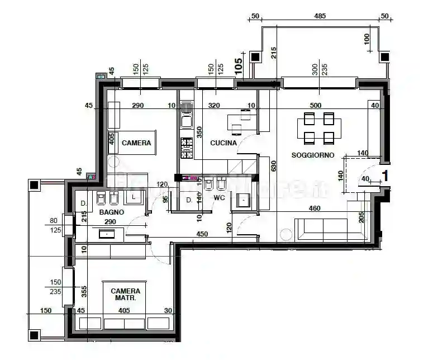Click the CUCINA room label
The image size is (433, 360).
click(x=223, y=143)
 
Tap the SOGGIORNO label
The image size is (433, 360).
click(x=312, y=155)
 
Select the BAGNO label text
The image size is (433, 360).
click(x=112, y=213)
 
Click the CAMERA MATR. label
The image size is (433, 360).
click(x=126, y=295)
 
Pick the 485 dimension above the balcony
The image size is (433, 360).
click(x=320, y=16)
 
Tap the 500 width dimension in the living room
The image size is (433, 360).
click(x=316, y=105)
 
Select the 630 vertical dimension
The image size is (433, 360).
click(x=273, y=167)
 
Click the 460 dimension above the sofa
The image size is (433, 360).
click(x=316, y=209)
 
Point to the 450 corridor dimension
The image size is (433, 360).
click(x=202, y=234)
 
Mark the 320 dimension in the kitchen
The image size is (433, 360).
click(x=214, y=105)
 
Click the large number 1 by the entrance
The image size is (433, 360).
click(x=384, y=176)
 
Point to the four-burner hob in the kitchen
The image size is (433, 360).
click(x=186, y=146)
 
